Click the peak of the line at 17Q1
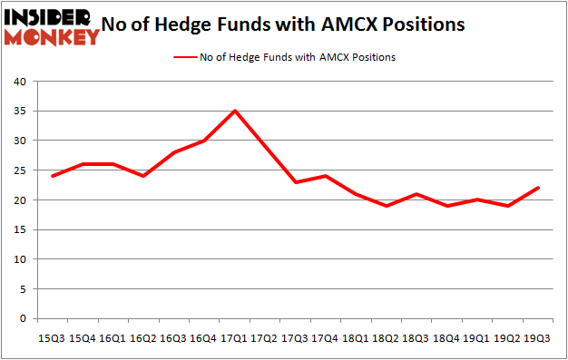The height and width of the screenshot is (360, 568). [235, 111]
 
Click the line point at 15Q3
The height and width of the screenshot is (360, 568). [54, 176]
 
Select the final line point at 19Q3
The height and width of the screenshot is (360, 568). [537, 188]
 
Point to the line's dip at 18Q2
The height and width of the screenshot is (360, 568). [387, 206]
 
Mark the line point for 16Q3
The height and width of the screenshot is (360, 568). [174, 152]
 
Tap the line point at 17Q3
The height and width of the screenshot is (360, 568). [296, 182]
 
